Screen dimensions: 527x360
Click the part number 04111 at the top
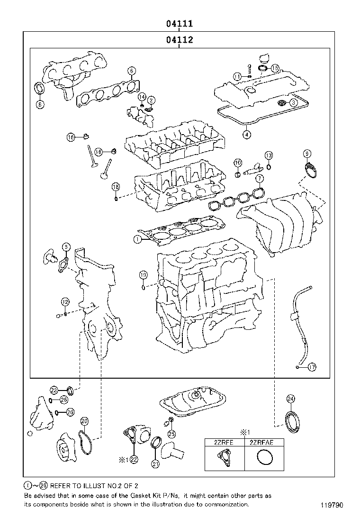pos(179,23)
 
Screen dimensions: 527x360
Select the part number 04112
pos(179,40)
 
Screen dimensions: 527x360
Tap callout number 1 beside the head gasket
pos(137,239)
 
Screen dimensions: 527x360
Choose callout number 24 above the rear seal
pos(290,399)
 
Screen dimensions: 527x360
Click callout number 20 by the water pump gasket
pos(84,421)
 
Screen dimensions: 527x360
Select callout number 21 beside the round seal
pos(155,464)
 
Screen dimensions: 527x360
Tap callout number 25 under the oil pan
pos(172,433)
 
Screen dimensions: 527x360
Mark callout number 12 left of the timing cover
pos(65,301)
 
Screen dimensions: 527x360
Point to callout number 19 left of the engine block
pos(143,275)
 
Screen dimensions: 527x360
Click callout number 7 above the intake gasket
pos(259,178)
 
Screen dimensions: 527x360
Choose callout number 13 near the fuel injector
pos(269,155)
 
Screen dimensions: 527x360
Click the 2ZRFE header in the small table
pos(224,443)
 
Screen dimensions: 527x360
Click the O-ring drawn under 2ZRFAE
pos(263,458)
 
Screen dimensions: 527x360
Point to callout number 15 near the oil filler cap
pos(275,69)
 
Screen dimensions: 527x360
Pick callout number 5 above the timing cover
pos(66,246)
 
